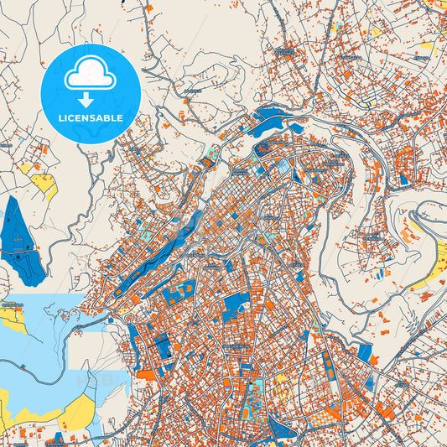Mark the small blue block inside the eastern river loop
(x=404, y=179)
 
